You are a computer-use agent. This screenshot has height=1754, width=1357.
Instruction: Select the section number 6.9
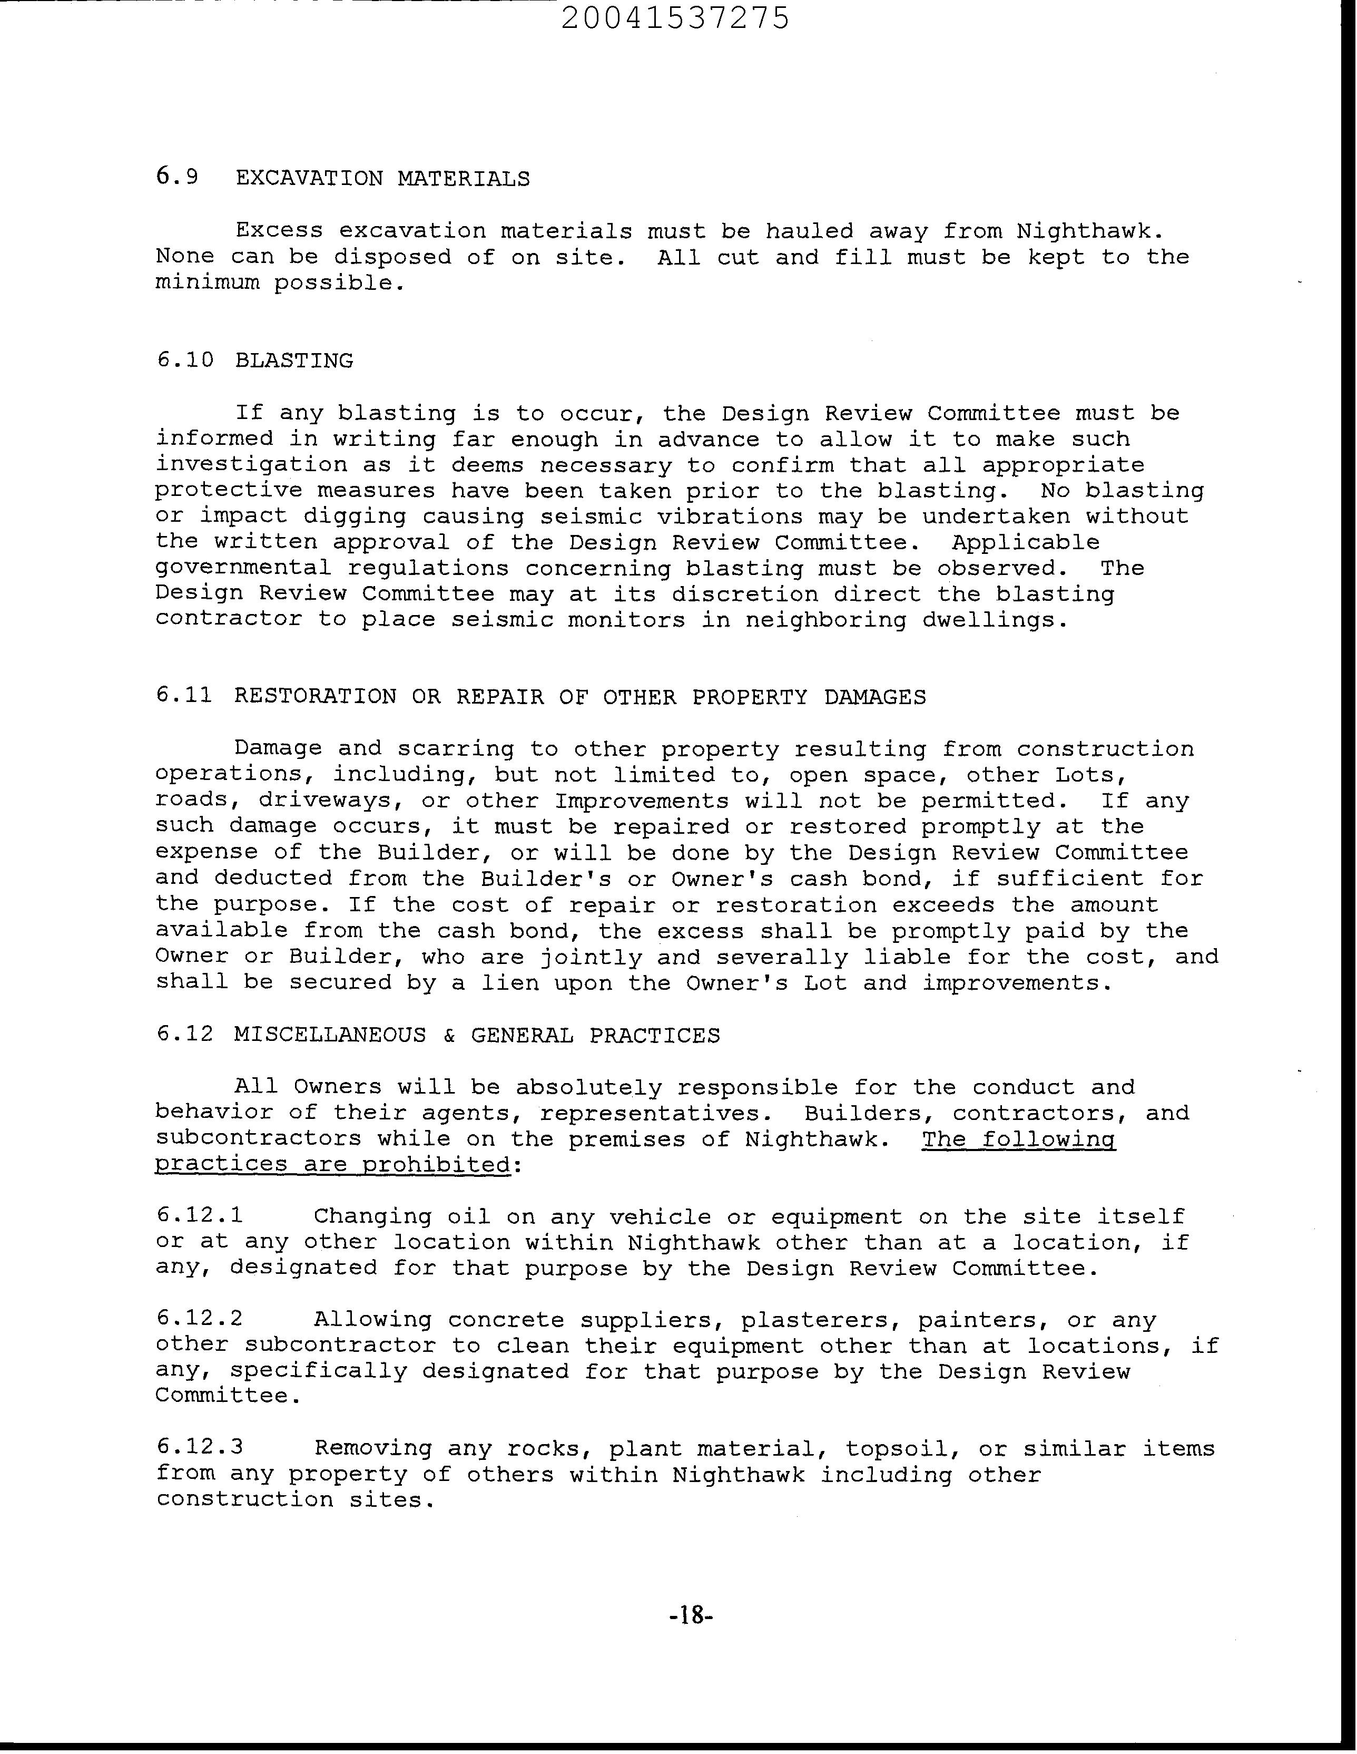[x=176, y=178]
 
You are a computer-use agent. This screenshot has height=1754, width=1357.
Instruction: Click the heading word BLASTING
[x=294, y=360]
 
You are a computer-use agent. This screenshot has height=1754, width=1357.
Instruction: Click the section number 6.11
[x=184, y=696]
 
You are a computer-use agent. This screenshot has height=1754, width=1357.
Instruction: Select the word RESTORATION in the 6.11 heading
[x=315, y=696]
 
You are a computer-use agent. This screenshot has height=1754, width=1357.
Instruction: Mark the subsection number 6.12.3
[x=199, y=1448]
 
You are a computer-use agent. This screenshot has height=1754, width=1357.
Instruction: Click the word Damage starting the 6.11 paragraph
[x=278, y=748]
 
